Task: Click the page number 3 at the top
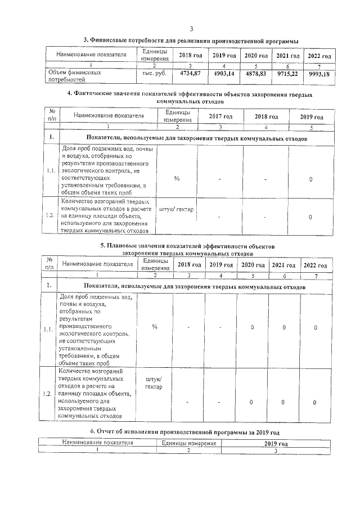191,29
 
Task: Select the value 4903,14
223,73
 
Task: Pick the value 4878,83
255,74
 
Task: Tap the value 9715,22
287,74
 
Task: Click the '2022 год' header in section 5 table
315,265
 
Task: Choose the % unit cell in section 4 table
177,178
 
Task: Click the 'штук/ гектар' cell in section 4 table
177,210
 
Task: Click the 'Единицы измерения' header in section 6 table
189,443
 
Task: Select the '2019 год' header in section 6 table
276,444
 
